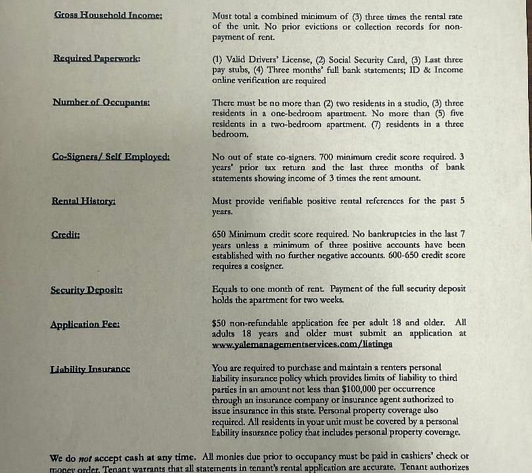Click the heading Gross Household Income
point(108,15)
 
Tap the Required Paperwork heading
point(97,58)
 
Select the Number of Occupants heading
point(101,102)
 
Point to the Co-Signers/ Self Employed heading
point(110,156)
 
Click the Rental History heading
point(83,200)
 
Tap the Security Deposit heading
point(86,290)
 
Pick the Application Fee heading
point(85,325)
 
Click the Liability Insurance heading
point(90,369)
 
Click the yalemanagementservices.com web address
point(302,344)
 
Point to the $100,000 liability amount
point(360,389)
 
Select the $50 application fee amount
point(219,323)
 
